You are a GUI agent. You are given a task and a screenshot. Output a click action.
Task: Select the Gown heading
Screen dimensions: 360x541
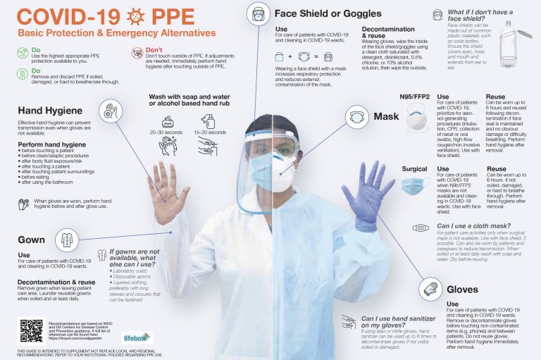point(32,240)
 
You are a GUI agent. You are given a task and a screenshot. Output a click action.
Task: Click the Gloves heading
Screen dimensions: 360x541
point(462,290)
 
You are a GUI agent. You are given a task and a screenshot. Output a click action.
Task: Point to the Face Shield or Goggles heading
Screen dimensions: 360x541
point(328,13)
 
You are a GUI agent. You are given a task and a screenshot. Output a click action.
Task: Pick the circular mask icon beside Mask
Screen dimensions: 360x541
point(357,117)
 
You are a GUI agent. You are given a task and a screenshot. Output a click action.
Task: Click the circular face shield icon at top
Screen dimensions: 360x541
point(259,14)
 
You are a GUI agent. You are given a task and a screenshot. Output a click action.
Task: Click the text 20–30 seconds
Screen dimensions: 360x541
point(166,132)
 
